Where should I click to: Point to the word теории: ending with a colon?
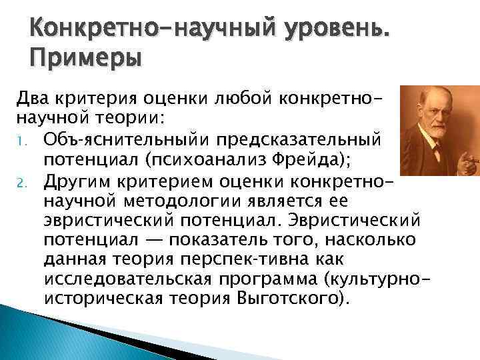coord(133,118)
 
